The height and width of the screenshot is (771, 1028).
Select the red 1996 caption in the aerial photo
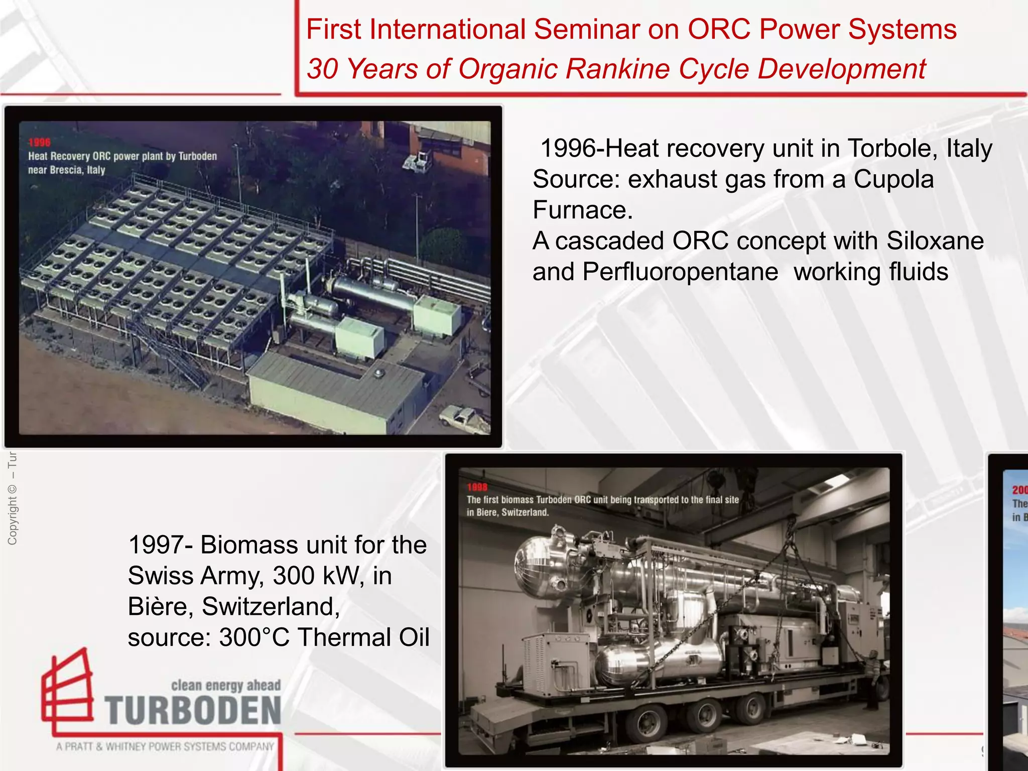coord(40,143)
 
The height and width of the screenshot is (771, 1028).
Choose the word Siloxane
coord(935,241)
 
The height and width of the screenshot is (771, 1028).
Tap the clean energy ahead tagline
coord(226,686)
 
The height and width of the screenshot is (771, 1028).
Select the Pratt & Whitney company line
coord(166,747)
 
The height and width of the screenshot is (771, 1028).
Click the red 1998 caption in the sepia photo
coord(477,487)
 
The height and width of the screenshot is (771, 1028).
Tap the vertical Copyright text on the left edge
coord(13,502)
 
